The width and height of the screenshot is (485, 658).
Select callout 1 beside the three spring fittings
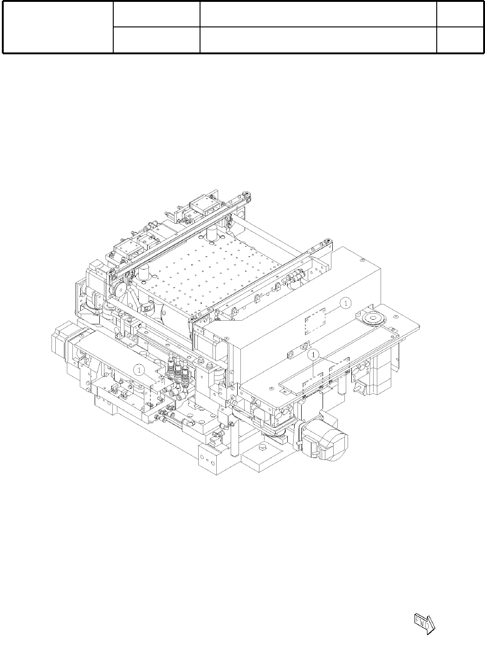[x=139, y=370]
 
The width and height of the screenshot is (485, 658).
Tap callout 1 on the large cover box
[x=346, y=303]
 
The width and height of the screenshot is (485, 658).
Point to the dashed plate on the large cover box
[x=315, y=322]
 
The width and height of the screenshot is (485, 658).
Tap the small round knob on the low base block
[x=261, y=446]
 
